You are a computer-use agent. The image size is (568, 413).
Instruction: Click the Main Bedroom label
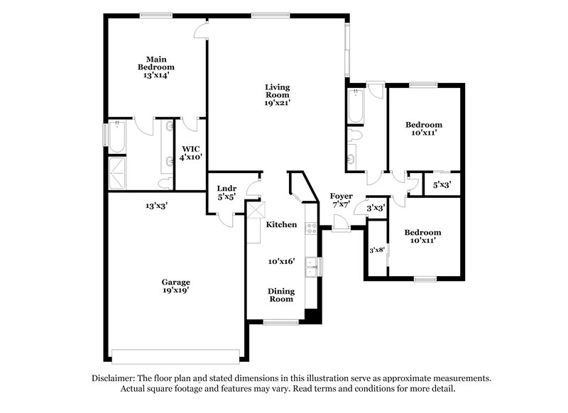coord(156,63)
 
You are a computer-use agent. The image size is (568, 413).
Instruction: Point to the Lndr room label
coord(226,188)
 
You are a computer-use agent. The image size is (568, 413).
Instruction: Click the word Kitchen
coord(281,224)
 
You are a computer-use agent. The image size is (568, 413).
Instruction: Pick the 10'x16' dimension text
coord(281,261)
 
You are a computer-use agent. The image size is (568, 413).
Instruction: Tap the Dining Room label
coord(280,294)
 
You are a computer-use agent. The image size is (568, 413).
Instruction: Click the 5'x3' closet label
coord(442,185)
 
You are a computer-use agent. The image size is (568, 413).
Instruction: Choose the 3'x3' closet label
coord(376,209)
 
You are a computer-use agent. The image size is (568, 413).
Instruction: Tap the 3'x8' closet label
coord(376,250)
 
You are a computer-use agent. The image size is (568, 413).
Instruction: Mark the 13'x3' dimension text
coord(156,206)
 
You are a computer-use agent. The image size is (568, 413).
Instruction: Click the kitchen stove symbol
coord(310,228)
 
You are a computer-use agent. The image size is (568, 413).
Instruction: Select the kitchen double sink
coord(311,266)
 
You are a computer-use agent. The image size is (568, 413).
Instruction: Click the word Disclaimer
coord(116,378)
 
